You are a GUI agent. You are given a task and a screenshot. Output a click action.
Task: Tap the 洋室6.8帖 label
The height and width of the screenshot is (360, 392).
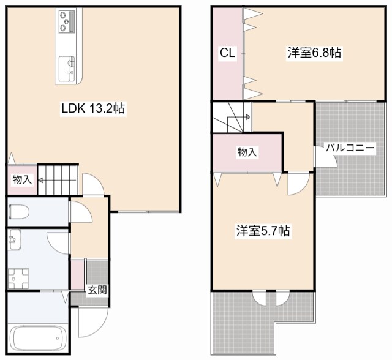click(314, 53)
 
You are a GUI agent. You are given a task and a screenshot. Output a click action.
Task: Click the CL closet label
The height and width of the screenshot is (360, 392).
click(227, 53)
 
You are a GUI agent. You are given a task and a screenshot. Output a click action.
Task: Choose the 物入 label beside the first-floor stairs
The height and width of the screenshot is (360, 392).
click(22, 180)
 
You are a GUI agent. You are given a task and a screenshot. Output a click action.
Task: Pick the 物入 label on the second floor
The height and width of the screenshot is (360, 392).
click(247, 152)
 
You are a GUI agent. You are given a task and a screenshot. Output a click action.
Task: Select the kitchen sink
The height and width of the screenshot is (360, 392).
click(66, 66)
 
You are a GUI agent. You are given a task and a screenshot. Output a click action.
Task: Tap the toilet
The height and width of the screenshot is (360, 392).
click(20, 212)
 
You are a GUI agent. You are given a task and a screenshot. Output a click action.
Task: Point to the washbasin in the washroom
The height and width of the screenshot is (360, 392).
click(14, 241)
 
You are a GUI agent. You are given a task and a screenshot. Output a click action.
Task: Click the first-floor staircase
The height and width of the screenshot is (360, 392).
click(58, 179)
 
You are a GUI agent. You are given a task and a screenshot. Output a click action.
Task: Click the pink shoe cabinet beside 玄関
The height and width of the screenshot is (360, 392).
click(78, 274)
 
